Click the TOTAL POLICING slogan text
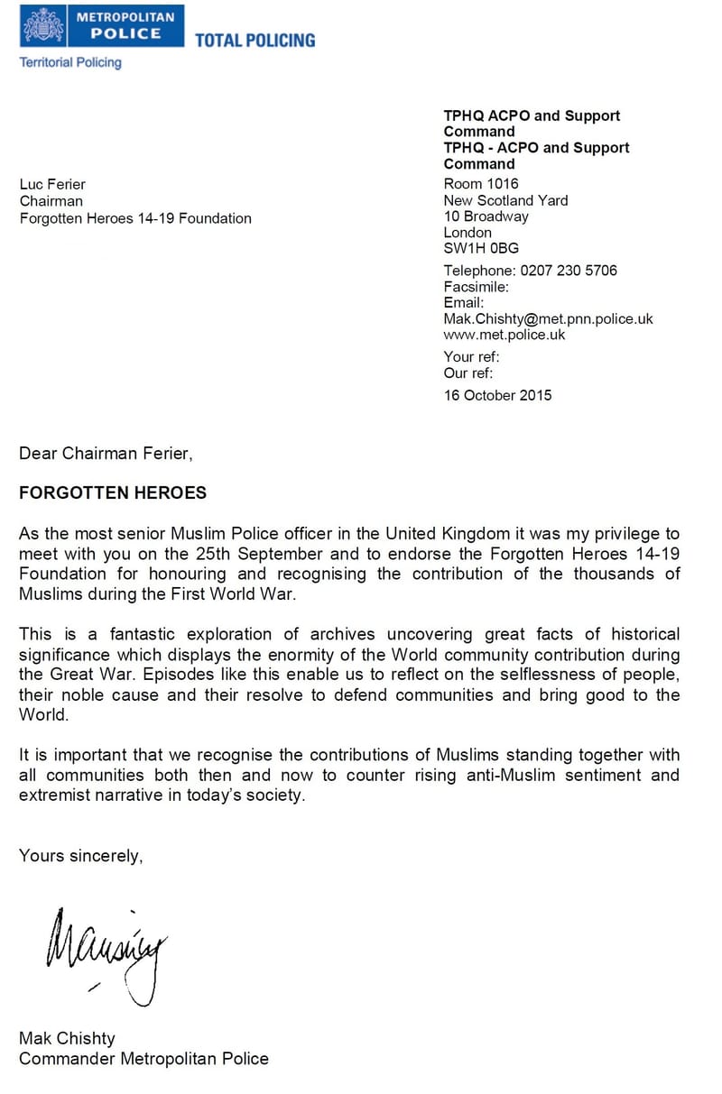[255, 40]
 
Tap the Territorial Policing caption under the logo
[70, 62]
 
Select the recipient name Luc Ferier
[52, 185]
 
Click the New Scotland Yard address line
[505, 200]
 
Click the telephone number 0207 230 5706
[569, 271]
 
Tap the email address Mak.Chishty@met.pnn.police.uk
[548, 319]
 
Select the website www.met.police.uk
[504, 335]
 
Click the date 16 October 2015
[497, 395]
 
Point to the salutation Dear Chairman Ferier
[106, 454]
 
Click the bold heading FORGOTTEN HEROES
[113, 493]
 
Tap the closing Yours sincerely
[81, 856]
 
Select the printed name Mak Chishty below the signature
[67, 1038]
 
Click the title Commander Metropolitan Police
[143, 1059]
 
